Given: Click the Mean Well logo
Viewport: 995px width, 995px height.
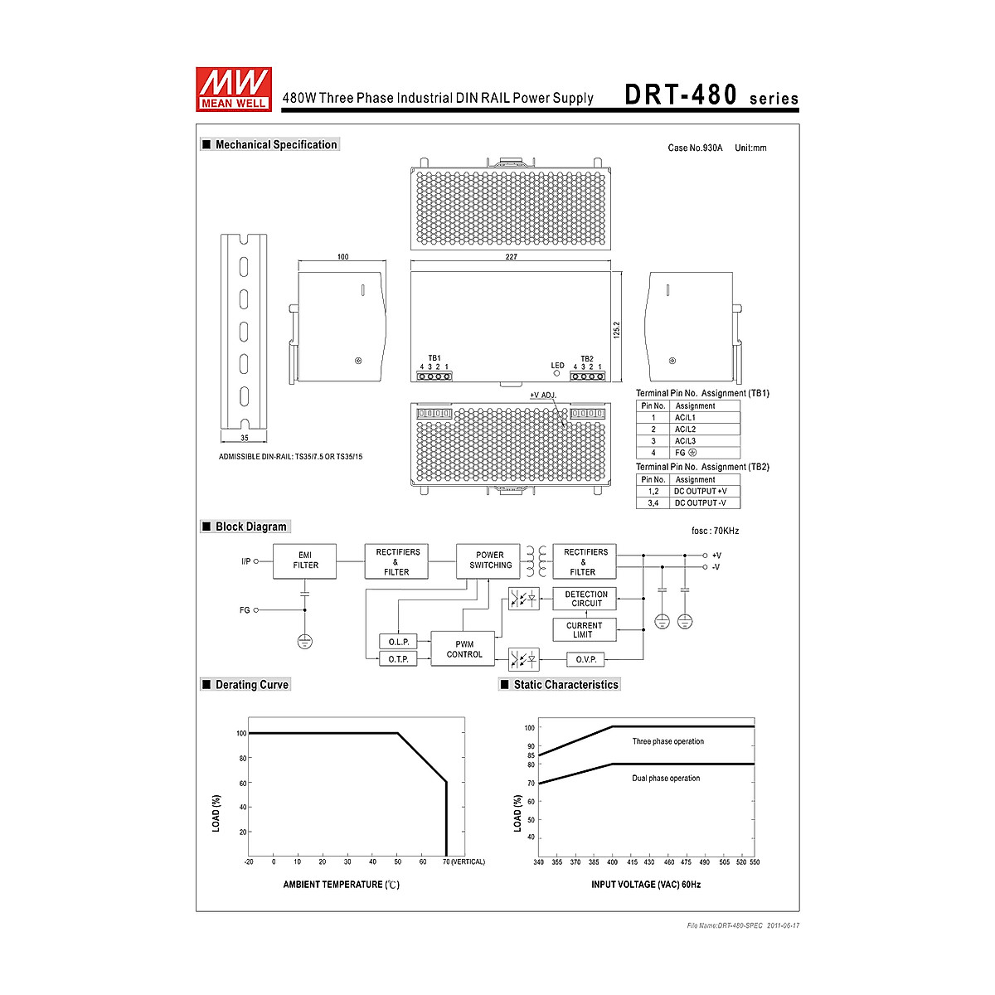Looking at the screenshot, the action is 233,90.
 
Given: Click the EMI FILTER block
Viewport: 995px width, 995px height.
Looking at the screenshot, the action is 304,561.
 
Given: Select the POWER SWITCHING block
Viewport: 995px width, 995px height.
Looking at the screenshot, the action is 488,561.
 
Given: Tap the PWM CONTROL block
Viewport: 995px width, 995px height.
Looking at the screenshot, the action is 463,649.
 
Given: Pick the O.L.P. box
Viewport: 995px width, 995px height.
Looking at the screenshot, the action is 398,642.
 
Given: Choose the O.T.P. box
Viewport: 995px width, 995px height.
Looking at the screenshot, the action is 398,659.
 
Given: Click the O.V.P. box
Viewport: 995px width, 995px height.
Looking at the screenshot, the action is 585,659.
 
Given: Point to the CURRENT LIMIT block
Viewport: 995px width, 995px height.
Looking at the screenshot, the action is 585,630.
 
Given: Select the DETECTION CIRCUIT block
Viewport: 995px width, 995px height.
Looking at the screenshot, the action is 585,599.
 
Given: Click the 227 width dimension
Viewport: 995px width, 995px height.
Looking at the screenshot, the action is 512,256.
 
